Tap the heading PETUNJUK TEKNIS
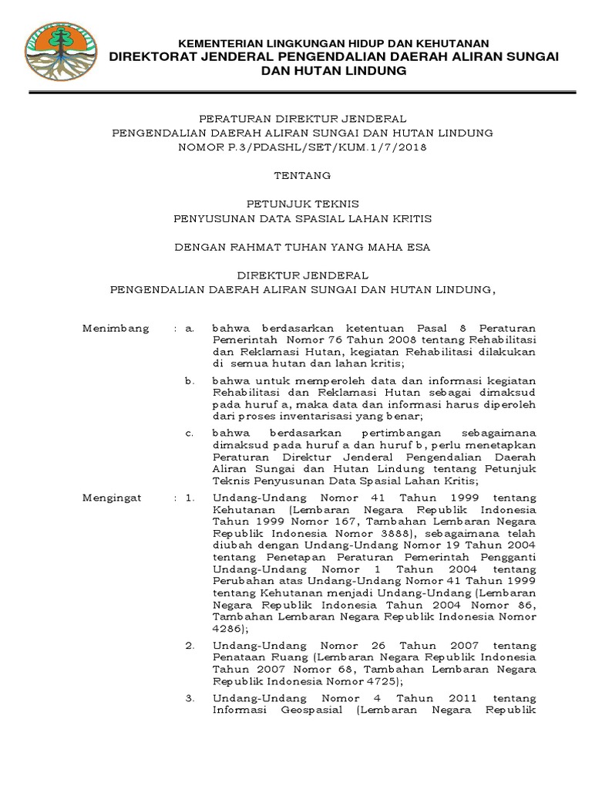click(x=302, y=204)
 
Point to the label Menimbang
click(x=116, y=328)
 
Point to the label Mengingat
click(x=112, y=498)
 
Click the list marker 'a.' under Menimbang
click(x=190, y=328)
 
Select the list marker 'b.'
click(x=190, y=380)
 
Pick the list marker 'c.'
click(x=190, y=433)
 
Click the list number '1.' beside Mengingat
click(x=190, y=498)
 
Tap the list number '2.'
click(x=190, y=645)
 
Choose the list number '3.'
click(x=190, y=697)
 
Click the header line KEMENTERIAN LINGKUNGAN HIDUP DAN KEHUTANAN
click(x=334, y=43)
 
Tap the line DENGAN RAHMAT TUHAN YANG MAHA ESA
click(x=302, y=247)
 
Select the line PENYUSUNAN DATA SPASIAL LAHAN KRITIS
click(x=302, y=218)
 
